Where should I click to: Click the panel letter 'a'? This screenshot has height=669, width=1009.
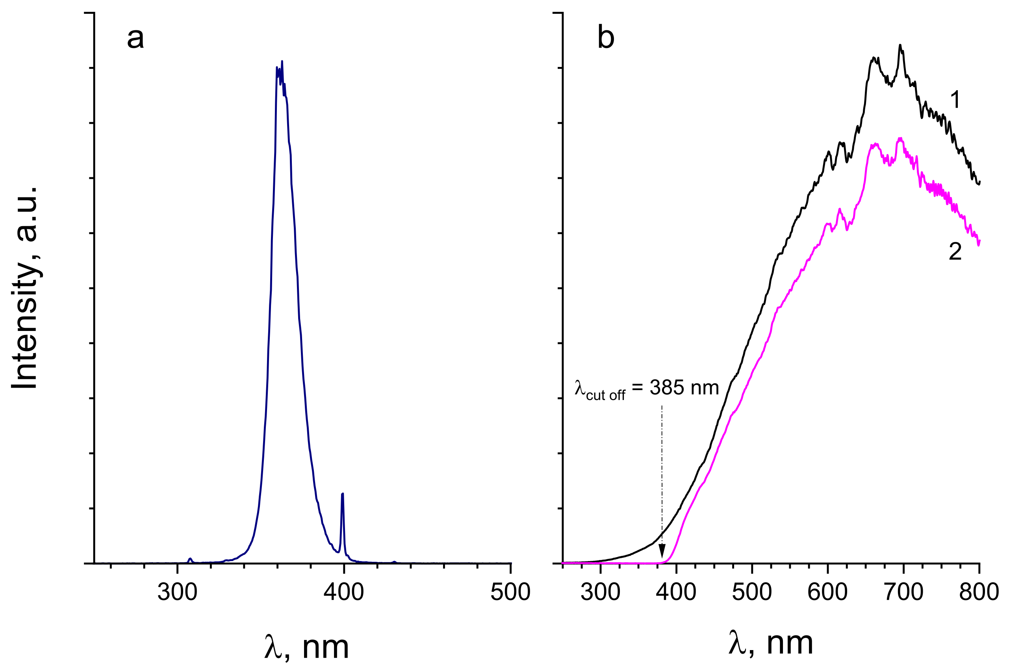135,38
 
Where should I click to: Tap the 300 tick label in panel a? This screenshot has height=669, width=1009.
177,592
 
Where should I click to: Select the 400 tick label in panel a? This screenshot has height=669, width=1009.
343,592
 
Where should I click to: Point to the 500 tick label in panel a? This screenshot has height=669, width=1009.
510,592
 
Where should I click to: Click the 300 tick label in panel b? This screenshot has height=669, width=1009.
600,592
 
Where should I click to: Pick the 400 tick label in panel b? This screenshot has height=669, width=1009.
676,592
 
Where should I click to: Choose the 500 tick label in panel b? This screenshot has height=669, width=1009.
752,592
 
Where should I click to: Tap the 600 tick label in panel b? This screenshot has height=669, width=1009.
827,592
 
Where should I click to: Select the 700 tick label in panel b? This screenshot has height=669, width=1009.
903,592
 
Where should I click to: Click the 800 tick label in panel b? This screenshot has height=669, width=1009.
979,592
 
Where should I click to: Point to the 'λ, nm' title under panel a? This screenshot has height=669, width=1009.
306,647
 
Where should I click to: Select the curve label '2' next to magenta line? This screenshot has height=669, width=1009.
955,252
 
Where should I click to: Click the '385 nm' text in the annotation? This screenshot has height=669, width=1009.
684,388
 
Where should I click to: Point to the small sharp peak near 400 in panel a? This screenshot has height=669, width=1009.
343,494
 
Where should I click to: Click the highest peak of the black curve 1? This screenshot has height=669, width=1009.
900,45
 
